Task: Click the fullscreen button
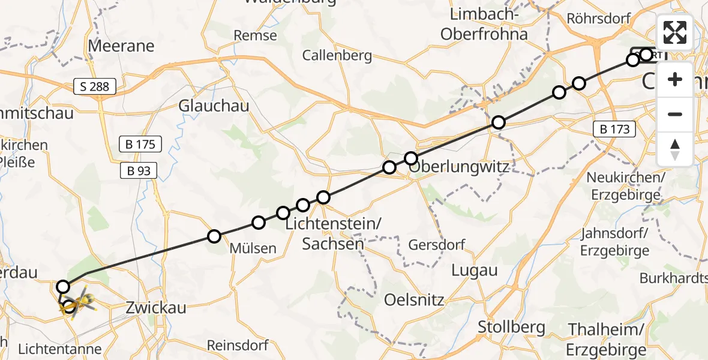pos(675,32)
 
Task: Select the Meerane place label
pos(121,46)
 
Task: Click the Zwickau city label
pos(156,308)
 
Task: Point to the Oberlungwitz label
pos(459,166)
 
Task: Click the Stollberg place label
pos(512,327)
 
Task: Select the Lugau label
pos(475,271)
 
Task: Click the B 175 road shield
pos(140,145)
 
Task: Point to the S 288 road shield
pos(95,87)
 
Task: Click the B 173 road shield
pos(615,128)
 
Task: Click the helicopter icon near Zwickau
pos(81,300)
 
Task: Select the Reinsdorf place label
pos(237,346)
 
